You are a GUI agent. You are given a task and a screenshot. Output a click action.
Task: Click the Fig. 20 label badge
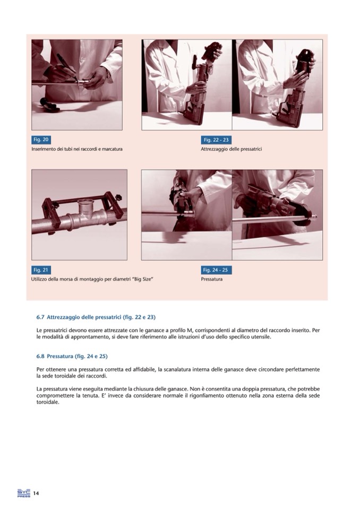click(x=41, y=140)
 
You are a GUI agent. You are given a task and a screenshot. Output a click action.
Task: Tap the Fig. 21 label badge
click(x=41, y=270)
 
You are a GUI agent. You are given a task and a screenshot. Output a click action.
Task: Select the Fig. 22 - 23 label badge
click(x=216, y=140)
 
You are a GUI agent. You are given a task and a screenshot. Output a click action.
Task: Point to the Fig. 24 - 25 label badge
click(x=216, y=270)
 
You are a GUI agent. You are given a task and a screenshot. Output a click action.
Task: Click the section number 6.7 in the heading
click(x=40, y=317)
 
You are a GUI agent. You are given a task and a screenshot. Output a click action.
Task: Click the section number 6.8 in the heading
click(x=40, y=357)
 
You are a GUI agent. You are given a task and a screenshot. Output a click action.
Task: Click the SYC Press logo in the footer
click(x=24, y=493)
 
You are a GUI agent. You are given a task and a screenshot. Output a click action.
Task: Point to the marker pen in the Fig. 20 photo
click(x=67, y=67)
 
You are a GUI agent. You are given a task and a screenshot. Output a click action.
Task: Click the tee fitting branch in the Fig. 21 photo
click(x=85, y=207)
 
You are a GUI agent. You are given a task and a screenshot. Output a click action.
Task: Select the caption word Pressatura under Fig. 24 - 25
click(x=212, y=279)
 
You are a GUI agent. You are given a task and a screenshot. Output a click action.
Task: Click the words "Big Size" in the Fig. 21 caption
click(x=143, y=279)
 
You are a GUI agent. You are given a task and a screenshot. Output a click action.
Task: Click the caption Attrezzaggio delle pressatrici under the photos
click(x=231, y=149)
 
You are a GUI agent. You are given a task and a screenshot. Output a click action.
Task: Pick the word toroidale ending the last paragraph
click(x=48, y=402)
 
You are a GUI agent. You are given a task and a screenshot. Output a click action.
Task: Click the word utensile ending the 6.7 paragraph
click(x=261, y=337)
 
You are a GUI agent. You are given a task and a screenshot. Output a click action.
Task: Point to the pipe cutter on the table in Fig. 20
click(x=50, y=103)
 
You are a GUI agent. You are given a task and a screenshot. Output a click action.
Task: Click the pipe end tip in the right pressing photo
click(x=316, y=217)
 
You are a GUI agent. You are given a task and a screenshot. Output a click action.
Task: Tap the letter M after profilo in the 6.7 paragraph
click(x=192, y=331)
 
